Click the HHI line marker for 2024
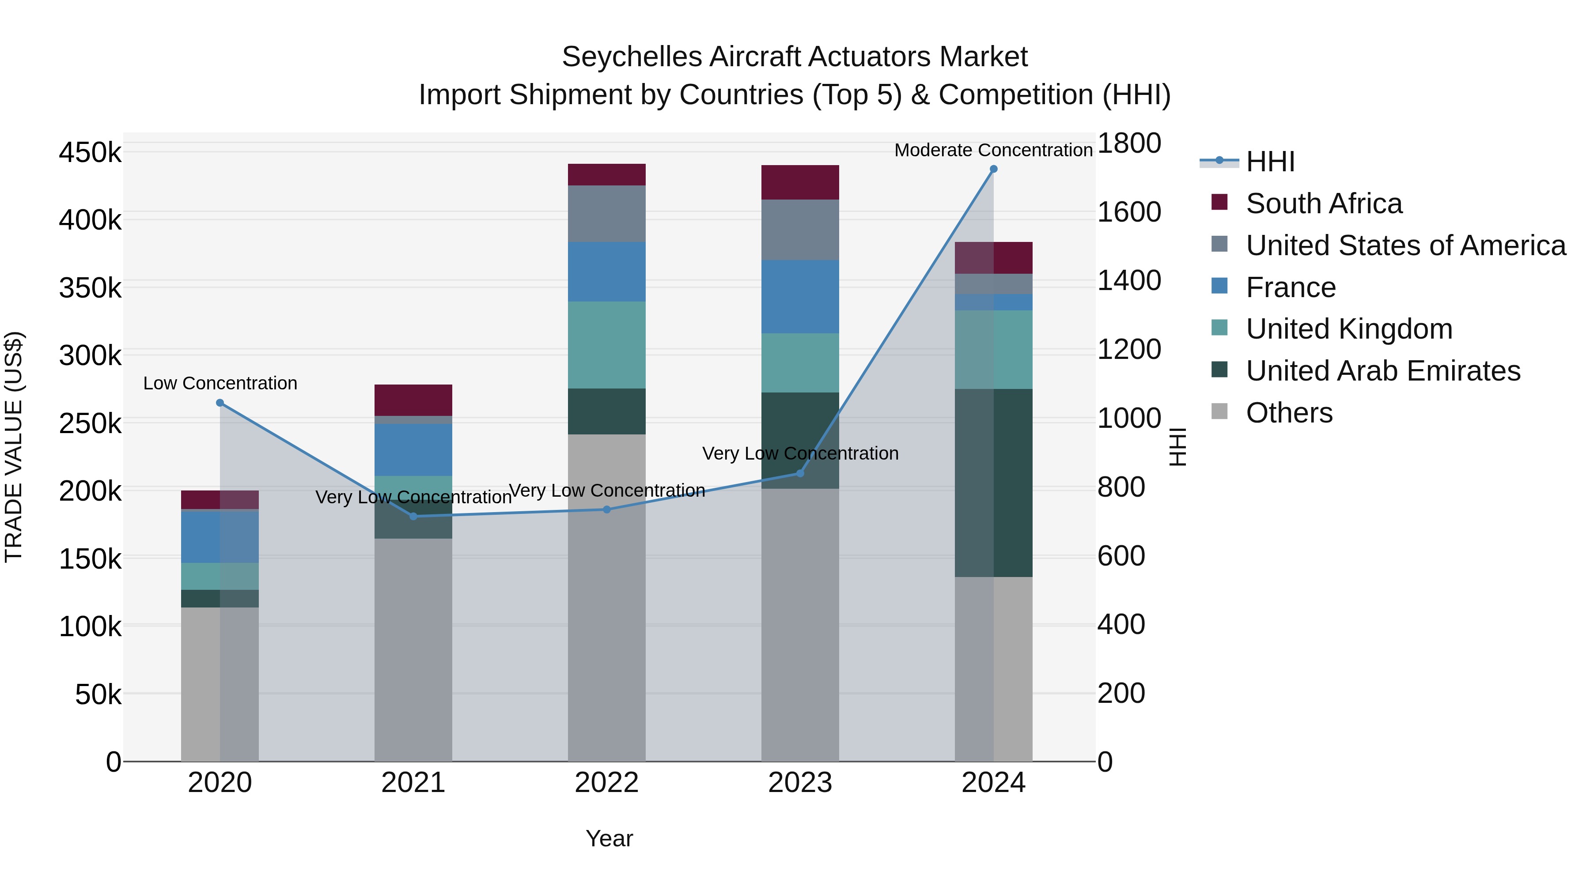coord(993,169)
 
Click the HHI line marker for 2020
coord(220,403)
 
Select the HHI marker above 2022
coord(607,509)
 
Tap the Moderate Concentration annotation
coord(993,150)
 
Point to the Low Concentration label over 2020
coord(220,383)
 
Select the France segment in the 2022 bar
coord(607,272)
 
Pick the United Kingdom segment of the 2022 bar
coord(607,345)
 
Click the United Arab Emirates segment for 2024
coord(1012,483)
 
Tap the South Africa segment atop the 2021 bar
coord(413,400)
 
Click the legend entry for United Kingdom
coord(1349,329)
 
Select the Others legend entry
coord(1289,413)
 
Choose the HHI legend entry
coord(1270,162)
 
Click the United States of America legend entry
coord(1405,245)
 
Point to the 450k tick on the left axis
coord(90,152)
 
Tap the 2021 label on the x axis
coord(413,783)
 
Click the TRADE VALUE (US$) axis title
coord(14,447)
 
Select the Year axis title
coord(609,838)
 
